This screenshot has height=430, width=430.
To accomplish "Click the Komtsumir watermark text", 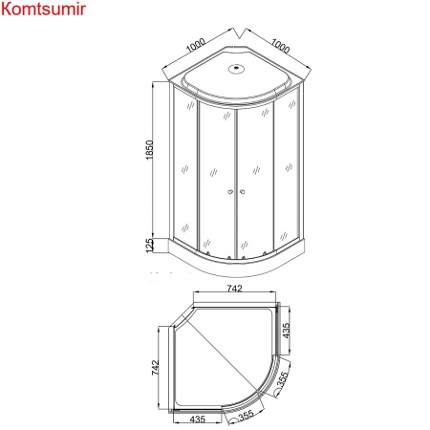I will point(43,11).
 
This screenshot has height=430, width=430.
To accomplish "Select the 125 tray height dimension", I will point(149,246).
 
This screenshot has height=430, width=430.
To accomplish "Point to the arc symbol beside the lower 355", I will point(228,419).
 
